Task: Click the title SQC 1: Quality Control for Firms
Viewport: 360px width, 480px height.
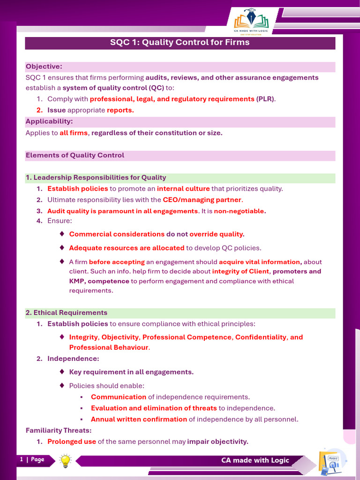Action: pyautogui.click(x=180, y=43)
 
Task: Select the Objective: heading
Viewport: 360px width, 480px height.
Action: pyautogui.click(x=44, y=67)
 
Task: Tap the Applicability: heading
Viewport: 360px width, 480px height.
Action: pyautogui.click(x=49, y=122)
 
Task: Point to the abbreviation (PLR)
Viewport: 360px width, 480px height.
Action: pyautogui.click(x=265, y=99)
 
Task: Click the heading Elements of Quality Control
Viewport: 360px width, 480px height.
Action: pyautogui.click(x=75, y=155)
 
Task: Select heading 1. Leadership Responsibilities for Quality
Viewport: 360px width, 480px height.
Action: pyautogui.click(x=96, y=178)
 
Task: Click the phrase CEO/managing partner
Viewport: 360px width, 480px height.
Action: pyautogui.click(x=202, y=200)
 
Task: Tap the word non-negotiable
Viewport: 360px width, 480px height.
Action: pyautogui.click(x=239, y=211)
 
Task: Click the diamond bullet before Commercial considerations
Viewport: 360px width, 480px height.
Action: pyautogui.click(x=62, y=233)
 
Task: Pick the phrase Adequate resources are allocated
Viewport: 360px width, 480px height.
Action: pyautogui.click(x=127, y=248)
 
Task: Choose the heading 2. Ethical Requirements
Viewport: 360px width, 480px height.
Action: pyautogui.click(x=67, y=313)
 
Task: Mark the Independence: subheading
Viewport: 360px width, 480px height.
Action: pyautogui.click(x=73, y=359)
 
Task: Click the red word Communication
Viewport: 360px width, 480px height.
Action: pyautogui.click(x=119, y=397)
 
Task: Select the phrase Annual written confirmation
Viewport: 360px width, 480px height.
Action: pyautogui.click(x=139, y=419)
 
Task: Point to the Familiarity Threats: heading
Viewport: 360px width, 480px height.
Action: pyautogui.click(x=59, y=430)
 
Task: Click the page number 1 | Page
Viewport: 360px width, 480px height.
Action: pyautogui.click(x=32, y=459)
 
